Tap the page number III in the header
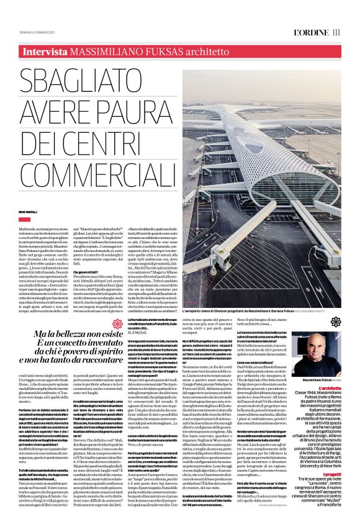[336, 32]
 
